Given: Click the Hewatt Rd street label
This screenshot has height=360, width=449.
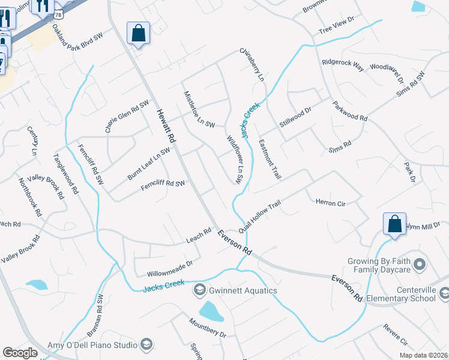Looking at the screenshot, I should (x=166, y=125).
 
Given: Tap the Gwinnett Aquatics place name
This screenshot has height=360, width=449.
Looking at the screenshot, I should (x=243, y=291).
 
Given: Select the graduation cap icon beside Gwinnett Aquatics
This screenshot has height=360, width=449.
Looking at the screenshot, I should (x=199, y=290).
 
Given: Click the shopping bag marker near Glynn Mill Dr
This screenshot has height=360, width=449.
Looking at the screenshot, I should (x=395, y=224).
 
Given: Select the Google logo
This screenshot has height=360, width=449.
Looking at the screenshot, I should (x=20, y=352).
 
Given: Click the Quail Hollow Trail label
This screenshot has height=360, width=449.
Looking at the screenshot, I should (x=259, y=217).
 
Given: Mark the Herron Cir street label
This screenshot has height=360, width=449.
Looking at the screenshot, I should (x=331, y=203).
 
